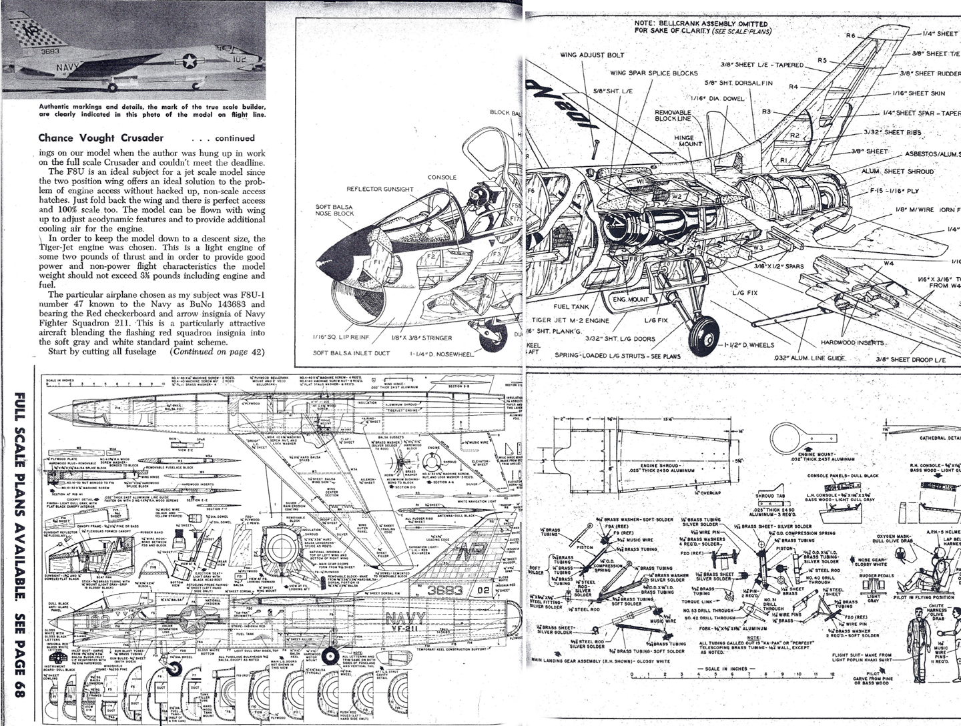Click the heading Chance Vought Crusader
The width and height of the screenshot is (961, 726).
tap(101, 138)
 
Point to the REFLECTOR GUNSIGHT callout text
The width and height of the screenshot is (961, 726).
tap(380, 190)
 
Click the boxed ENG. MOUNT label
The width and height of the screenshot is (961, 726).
tap(631, 300)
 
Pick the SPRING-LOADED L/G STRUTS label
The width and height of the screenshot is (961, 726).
tap(617, 356)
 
